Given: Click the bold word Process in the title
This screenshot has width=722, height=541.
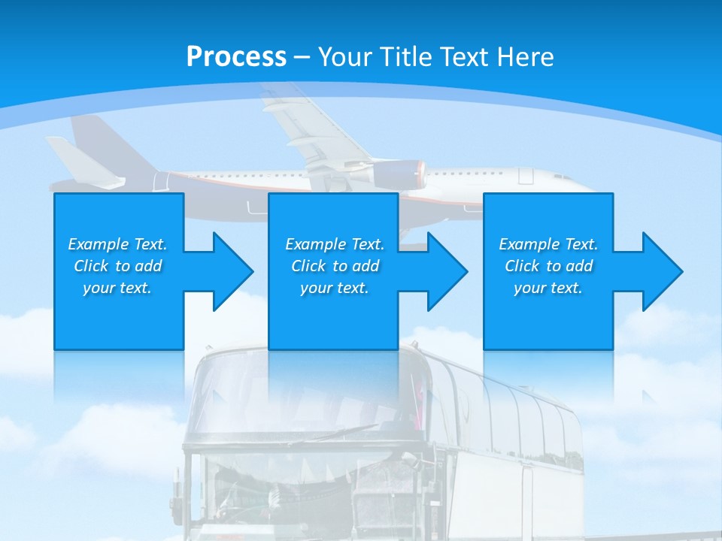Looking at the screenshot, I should tap(236, 57).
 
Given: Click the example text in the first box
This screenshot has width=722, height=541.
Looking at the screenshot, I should tap(118, 266).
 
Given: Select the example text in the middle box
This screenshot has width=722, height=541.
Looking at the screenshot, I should tap(335, 266).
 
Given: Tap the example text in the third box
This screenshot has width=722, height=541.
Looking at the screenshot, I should tap(548, 266).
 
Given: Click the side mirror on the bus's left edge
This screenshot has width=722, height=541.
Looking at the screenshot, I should tap(177, 492).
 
